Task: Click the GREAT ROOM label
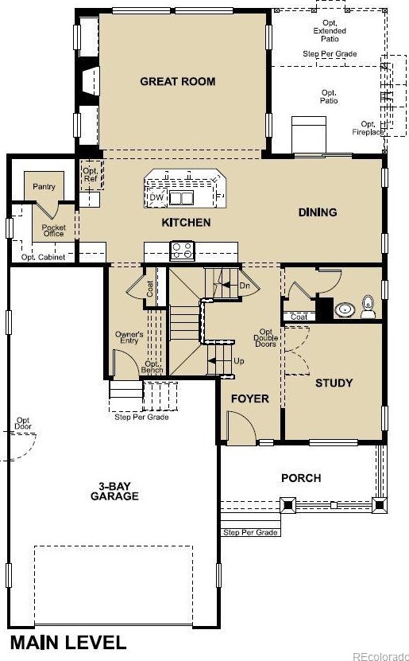click(177, 81)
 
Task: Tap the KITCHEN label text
click(186, 223)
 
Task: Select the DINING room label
click(318, 212)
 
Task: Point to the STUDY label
click(334, 383)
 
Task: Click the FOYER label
click(249, 399)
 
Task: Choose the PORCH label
click(301, 478)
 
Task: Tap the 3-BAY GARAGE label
click(119, 491)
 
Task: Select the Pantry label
click(43, 186)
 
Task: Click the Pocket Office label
click(53, 230)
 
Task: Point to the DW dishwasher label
click(156, 197)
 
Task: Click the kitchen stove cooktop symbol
click(182, 251)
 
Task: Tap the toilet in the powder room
click(368, 306)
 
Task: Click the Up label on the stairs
click(238, 360)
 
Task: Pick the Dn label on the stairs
click(245, 284)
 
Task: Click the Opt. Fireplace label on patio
click(368, 128)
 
